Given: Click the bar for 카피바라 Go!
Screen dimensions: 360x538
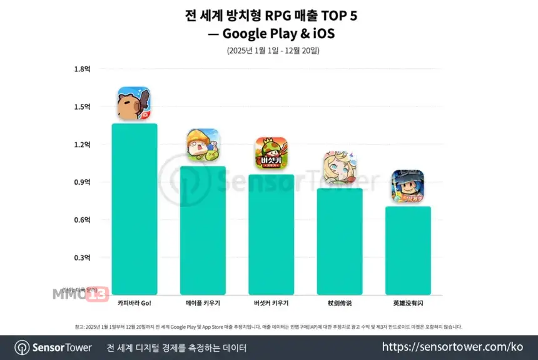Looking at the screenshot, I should coord(134,209).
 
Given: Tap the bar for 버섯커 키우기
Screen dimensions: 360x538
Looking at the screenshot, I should coord(271,234).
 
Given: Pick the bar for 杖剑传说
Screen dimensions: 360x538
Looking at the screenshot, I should coord(340,241).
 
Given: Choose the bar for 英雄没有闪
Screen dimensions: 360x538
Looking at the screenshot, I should coord(408,250).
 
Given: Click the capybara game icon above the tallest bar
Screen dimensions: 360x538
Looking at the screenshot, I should coord(134,104).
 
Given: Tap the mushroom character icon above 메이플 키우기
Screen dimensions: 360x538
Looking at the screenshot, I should coord(203,146).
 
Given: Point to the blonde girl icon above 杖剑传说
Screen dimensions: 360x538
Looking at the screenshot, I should coord(340,168).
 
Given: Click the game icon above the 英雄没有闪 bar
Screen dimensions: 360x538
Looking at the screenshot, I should coord(408,186).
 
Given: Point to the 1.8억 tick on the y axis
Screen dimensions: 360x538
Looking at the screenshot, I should coord(83,69).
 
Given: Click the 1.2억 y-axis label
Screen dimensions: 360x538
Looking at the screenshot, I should coord(83,145).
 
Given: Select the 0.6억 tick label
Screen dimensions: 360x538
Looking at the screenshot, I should coord(83,220).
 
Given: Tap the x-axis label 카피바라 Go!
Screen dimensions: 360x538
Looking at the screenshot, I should coord(134,303).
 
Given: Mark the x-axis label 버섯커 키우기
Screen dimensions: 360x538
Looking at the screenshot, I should coord(271,303).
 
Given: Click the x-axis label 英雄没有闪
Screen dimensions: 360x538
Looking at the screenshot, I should coord(408,303).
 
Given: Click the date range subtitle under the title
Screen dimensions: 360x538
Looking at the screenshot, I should coord(268,51).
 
